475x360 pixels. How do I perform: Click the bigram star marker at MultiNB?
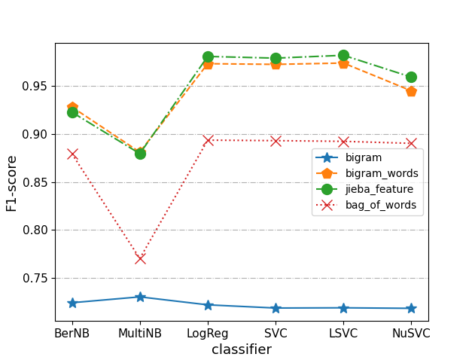[x=140, y=297]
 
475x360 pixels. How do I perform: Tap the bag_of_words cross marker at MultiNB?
[x=140, y=258]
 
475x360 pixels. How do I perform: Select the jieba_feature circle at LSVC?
[x=343, y=55]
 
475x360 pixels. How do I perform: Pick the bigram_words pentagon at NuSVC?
[x=411, y=91]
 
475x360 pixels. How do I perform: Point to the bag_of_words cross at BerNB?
[x=72, y=154]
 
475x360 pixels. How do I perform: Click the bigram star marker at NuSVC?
[x=411, y=308]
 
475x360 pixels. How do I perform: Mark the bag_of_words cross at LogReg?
[x=208, y=140]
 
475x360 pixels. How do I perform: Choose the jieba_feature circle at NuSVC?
[x=411, y=77]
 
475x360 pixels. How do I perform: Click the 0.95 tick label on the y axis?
[x=35, y=86]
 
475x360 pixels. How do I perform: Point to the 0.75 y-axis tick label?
[x=35, y=278]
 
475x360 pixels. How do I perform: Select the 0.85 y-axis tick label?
[x=35, y=182]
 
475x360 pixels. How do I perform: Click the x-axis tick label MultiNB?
[x=140, y=334]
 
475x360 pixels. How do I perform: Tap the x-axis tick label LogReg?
[x=208, y=334]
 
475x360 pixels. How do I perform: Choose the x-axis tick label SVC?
[x=276, y=334]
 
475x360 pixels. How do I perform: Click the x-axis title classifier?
[x=242, y=349]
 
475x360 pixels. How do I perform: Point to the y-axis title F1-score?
[x=12, y=182]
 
